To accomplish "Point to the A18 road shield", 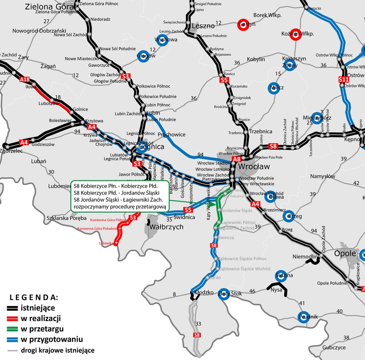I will pos(25,80).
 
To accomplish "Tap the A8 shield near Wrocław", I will pos(236,159).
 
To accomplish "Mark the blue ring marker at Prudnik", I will pos(303,316).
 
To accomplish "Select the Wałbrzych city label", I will pos(166,227).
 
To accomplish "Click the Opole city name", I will pos(346,252).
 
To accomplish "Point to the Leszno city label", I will pos(203,26).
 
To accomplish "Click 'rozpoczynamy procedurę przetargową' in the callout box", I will pos(119,206).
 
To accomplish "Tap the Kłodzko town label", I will pos(203,292).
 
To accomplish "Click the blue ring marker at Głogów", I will pos(143,56).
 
